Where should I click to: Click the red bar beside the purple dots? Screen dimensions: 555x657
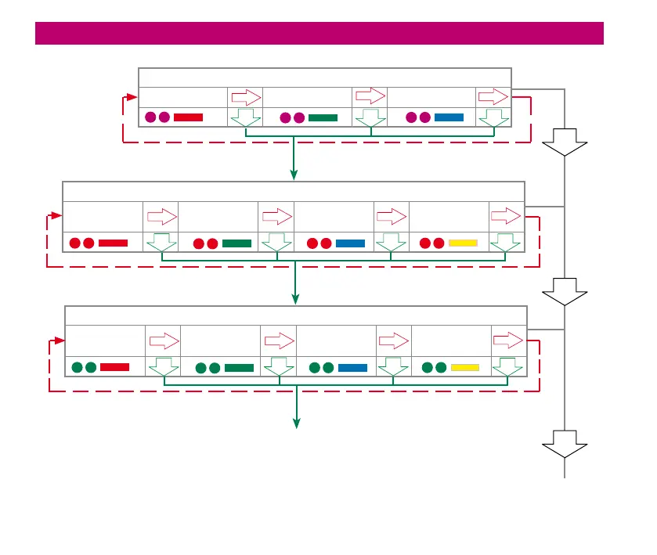click(188, 117)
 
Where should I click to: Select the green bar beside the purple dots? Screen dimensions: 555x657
click(323, 117)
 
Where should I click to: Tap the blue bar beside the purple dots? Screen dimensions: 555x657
click(449, 117)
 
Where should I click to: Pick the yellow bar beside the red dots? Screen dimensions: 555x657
click(463, 243)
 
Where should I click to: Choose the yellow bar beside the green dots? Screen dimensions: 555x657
click(465, 366)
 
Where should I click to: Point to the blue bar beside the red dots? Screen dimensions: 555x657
click(350, 243)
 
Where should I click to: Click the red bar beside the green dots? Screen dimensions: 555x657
click(114, 366)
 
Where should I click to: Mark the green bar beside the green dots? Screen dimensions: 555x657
click(239, 366)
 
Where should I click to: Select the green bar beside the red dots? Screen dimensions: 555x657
click(236, 243)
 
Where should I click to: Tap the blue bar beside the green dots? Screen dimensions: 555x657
click(352, 366)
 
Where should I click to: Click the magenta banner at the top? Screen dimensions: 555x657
click(319, 34)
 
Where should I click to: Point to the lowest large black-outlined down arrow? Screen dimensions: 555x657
click(565, 444)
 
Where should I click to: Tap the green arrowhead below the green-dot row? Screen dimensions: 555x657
click(297, 423)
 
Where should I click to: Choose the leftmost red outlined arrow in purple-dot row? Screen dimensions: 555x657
click(245, 98)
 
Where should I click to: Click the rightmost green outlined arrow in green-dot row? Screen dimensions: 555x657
click(508, 366)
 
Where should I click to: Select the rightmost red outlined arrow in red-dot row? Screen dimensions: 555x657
click(505, 215)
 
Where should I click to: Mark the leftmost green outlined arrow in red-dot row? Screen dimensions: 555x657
click(161, 243)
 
